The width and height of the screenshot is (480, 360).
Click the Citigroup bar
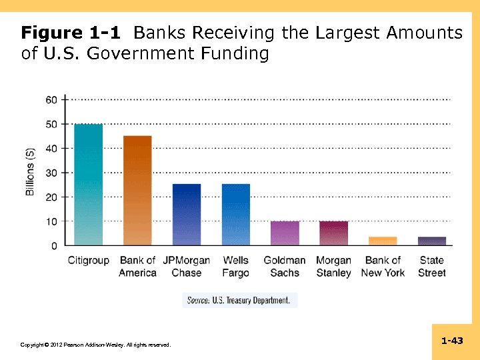pos(88,185)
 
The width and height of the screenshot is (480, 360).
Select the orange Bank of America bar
pos(137,191)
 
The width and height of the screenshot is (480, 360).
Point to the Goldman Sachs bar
pos(285,233)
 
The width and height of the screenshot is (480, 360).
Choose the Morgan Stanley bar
pos(333,233)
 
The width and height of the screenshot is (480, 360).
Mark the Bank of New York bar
pos(383,241)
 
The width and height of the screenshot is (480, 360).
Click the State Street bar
pos(432,241)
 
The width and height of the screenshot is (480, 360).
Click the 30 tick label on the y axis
pos(51,173)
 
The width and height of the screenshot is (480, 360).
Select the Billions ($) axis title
pos(30,172)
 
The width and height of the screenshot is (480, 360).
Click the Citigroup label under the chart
pos(88,261)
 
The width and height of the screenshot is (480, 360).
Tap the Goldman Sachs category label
pos(285,267)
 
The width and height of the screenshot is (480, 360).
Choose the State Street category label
pos(432,267)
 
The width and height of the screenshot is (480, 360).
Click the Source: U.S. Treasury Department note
pos(239,301)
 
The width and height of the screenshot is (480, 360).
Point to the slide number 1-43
pos(452,341)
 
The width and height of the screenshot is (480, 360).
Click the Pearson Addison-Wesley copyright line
pos(96,345)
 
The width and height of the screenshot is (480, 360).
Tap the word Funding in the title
pos(237,53)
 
